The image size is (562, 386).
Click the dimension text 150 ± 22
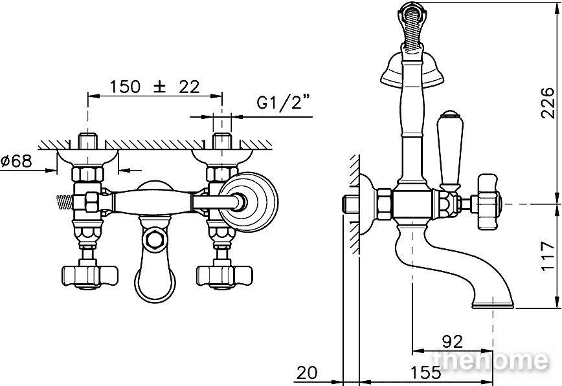click(155, 87)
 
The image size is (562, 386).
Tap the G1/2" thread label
click(283, 102)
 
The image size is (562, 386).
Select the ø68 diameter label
click(16, 161)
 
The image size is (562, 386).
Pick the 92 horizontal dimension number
click(453, 341)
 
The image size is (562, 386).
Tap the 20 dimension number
click(307, 373)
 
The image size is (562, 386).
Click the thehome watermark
click(490, 360)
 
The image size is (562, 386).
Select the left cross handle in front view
click(89, 276)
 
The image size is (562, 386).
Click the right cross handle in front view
click(225, 276)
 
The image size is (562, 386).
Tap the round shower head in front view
click(248, 202)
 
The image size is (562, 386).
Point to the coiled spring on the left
click(65, 202)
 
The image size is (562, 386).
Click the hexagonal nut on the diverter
click(155, 239)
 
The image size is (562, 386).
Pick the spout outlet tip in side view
click(493, 305)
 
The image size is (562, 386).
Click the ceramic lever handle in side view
click(450, 151)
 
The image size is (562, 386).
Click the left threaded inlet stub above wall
click(88, 141)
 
